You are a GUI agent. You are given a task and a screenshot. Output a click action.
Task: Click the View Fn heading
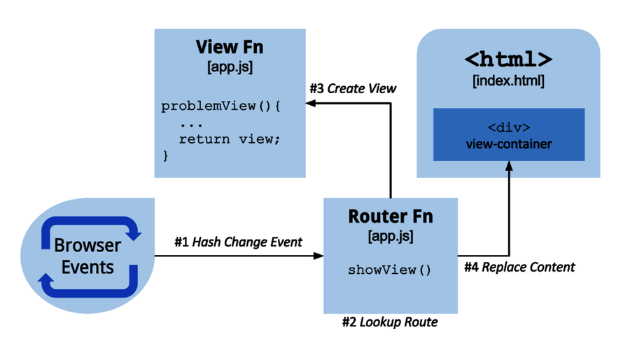pyautogui.click(x=230, y=48)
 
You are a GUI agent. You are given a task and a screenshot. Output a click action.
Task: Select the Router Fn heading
pyautogui.click(x=390, y=216)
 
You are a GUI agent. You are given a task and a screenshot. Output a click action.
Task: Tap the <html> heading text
pyautogui.click(x=508, y=59)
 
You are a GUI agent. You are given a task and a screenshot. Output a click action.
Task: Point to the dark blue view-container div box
pyautogui.click(x=508, y=134)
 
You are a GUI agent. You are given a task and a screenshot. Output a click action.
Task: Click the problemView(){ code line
pyautogui.click(x=220, y=106)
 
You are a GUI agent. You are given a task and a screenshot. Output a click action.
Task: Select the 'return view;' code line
pyautogui.click(x=229, y=139)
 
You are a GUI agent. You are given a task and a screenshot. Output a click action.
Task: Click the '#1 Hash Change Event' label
pyautogui.click(x=238, y=242)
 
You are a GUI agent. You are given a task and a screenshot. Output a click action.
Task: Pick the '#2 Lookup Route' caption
pyautogui.click(x=390, y=322)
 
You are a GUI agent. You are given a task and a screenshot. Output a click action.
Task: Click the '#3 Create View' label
pyautogui.click(x=353, y=88)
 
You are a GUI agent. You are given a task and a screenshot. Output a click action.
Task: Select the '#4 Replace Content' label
pyautogui.click(x=519, y=267)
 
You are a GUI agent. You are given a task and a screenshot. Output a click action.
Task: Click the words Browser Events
pyautogui.click(x=87, y=256)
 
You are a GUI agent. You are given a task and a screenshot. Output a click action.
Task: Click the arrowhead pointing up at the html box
pyautogui.click(x=508, y=167)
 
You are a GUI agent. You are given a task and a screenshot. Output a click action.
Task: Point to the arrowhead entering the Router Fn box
pyautogui.click(x=318, y=256)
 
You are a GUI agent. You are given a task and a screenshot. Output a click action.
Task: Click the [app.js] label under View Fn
pyautogui.click(x=230, y=67)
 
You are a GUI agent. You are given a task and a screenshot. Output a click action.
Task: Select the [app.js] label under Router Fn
pyautogui.click(x=390, y=237)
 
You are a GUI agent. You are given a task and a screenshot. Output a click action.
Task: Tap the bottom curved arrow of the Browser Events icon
pyautogui.click(x=87, y=286)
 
